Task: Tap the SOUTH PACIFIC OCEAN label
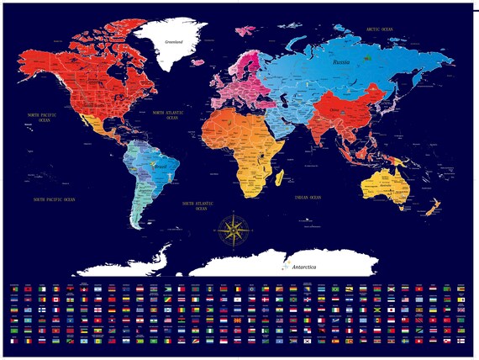click(54, 199)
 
